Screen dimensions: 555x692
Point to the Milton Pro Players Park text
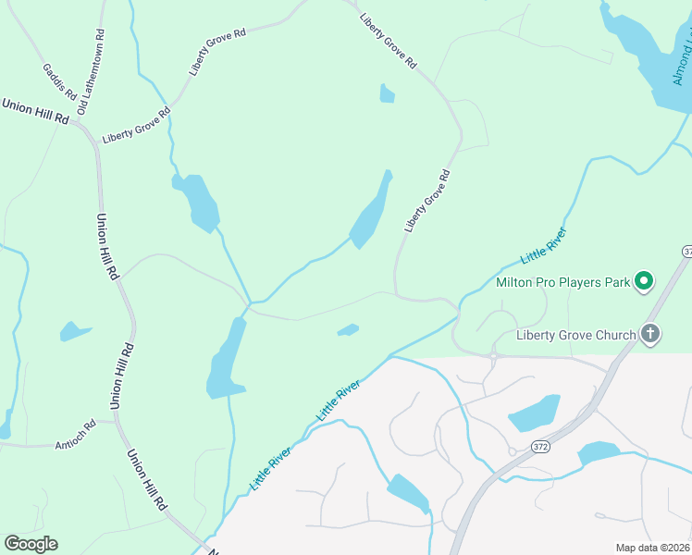point(562,282)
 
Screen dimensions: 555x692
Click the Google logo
point(31,544)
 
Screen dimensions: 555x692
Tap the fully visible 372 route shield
point(542,446)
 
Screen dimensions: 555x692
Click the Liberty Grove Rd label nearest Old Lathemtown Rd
point(137,125)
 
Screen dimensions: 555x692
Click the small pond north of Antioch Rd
point(74,330)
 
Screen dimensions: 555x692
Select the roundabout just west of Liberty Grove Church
point(495,355)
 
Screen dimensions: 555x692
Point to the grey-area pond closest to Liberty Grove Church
point(534,413)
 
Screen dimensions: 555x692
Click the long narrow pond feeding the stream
point(370,212)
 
